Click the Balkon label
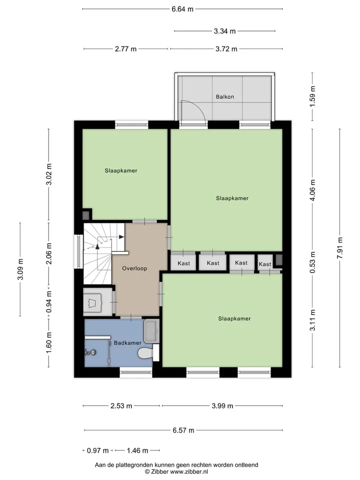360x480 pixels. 224,96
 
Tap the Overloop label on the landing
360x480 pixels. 134,268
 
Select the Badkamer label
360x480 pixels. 127,343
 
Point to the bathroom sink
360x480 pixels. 151,331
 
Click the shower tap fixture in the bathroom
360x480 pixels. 91,352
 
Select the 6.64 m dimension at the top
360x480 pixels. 182,9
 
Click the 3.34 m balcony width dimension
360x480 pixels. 224,31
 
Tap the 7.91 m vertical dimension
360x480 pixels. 340,247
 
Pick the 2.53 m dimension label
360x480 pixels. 121,406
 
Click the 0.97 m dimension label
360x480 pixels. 97,450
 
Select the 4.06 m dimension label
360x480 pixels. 312,190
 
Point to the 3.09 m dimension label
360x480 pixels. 20,269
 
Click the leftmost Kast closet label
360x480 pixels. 183,263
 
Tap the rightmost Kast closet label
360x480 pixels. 265,264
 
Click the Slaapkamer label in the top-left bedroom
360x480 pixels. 121,171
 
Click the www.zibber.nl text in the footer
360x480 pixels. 189,471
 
